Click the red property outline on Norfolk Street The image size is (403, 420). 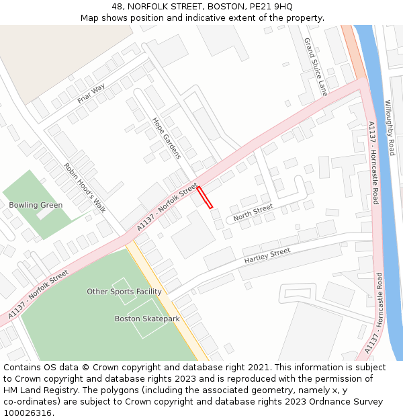(205, 198)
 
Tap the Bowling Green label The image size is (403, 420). (36, 205)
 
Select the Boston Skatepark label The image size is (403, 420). (147, 319)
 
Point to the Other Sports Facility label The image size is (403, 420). (124, 292)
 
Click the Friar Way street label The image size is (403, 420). (91, 93)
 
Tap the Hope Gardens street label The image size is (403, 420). (167, 138)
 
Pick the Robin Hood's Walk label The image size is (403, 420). (85, 187)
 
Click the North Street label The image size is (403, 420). (253, 213)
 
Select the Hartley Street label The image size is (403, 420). (267, 255)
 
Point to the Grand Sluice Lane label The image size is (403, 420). (315, 67)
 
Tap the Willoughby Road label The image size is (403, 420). (390, 128)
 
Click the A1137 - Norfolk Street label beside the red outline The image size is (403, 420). (167, 207)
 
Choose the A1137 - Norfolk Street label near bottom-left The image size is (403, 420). (38, 295)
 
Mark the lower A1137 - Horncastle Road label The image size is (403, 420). (373, 312)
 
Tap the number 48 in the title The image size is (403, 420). (118, 6)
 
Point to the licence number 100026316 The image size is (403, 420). (28, 413)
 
